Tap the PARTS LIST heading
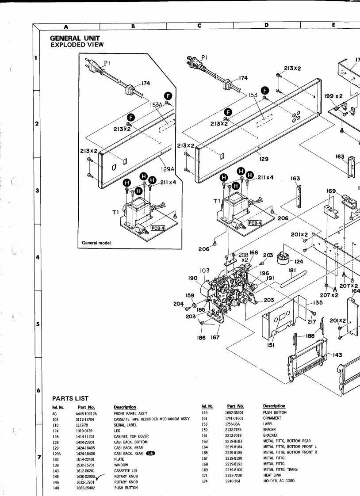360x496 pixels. [x=70, y=398]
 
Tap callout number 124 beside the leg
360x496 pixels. [x=299, y=261]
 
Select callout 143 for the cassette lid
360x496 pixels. [x=338, y=355]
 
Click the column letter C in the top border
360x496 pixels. [x=199, y=26]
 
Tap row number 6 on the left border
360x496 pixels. [x=37, y=391]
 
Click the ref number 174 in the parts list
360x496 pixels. [x=204, y=481]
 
